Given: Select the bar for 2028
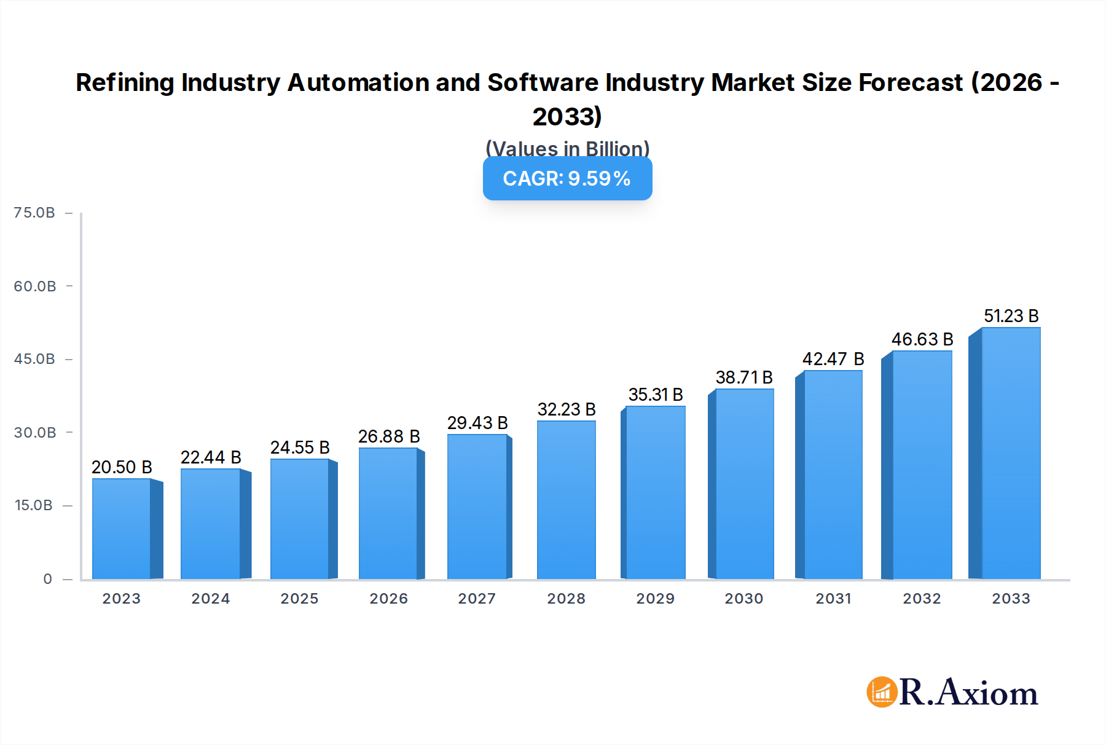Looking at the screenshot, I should tap(566, 500).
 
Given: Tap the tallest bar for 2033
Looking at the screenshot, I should tap(1010, 453).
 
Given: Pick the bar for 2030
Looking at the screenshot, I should tap(744, 484).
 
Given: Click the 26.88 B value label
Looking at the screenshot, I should tap(389, 436).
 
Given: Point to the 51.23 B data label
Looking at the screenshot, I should tap(1011, 316).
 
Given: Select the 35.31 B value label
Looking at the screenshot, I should tap(655, 395).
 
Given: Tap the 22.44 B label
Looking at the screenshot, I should tap(211, 457).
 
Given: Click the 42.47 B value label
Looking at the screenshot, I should tap(833, 359).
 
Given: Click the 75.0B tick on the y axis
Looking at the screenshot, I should tap(34, 213).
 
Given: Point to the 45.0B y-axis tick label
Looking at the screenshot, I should tap(34, 359).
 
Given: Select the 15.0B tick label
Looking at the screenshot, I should tap(34, 505).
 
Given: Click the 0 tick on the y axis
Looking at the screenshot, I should tap(47, 579).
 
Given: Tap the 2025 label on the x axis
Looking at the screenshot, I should tap(299, 599).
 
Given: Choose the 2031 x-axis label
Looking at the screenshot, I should tap(833, 599).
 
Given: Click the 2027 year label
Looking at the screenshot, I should tap(477, 599).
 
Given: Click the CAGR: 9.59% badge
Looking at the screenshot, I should tap(567, 178).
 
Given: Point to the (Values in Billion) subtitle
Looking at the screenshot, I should tap(567, 149).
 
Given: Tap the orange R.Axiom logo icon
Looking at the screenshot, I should tap(882, 692).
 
